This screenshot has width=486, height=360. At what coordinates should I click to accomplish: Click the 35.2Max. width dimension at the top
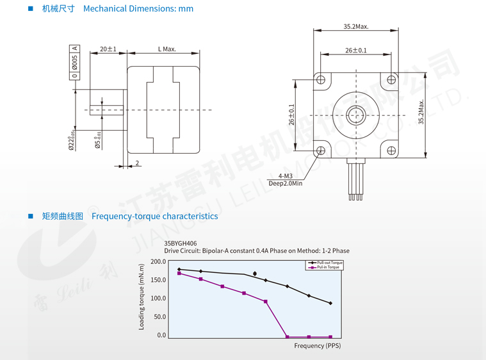(x=355, y=27)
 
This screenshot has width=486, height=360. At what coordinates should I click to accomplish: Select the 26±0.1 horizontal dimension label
(x=355, y=50)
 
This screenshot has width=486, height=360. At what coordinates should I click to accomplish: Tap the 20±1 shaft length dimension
(x=108, y=49)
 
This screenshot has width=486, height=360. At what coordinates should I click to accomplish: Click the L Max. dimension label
(x=166, y=49)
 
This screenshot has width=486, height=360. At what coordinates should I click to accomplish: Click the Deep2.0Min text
(x=286, y=183)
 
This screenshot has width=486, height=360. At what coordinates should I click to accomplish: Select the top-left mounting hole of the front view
(x=321, y=80)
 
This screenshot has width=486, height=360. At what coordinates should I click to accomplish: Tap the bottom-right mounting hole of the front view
(x=392, y=151)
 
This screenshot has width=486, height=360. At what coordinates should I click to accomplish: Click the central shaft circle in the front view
(x=356, y=116)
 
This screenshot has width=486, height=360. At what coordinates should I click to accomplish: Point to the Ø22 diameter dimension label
(x=72, y=139)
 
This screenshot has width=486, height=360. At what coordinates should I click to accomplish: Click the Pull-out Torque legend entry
(x=329, y=263)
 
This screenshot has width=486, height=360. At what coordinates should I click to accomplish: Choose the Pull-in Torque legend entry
(x=327, y=267)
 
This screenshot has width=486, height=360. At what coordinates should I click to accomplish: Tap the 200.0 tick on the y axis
(x=158, y=261)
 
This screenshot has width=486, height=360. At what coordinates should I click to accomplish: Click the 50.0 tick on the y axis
(x=159, y=316)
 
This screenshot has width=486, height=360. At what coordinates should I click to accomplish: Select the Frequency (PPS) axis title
(x=318, y=346)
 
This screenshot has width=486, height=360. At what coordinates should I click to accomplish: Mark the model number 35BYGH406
(x=180, y=243)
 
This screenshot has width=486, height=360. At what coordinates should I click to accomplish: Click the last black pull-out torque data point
(x=330, y=303)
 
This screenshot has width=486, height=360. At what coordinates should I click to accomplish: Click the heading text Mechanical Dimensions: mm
(x=138, y=9)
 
